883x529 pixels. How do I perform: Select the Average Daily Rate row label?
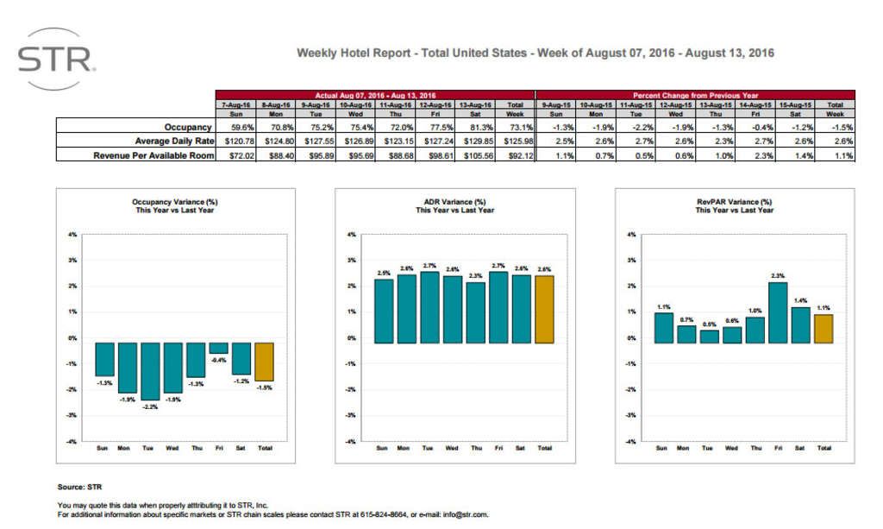coord(174,140)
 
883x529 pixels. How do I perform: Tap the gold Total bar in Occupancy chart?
coord(264,362)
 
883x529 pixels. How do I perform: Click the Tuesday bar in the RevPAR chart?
coord(708,337)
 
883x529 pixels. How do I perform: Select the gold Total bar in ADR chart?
coord(543,309)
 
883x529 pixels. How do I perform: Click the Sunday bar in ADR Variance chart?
coord(385,311)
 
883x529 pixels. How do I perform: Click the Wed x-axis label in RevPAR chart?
coord(731,448)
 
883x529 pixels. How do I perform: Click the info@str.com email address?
coord(467,514)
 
